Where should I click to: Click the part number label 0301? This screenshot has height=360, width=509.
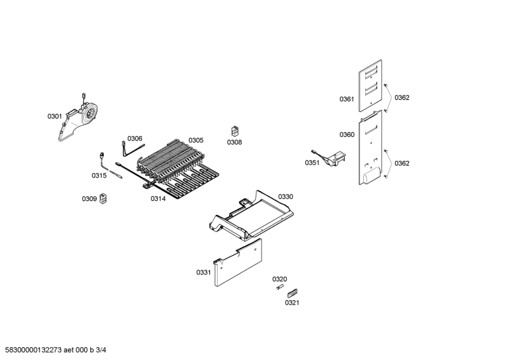point(55,116)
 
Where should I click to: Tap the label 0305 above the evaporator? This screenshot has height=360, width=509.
point(196,140)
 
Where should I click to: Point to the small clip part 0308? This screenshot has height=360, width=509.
point(235,131)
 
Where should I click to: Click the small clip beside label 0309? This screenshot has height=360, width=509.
point(104,198)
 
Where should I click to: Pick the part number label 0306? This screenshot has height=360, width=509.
point(135,139)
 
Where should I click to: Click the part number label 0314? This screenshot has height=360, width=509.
point(158,198)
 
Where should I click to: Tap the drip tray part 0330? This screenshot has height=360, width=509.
point(251,216)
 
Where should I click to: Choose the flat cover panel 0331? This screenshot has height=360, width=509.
point(238,263)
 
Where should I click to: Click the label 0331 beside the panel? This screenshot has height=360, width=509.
point(204,272)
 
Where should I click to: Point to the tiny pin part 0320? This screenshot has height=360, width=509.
point(279,287)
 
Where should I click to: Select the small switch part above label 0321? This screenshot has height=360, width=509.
point(293,293)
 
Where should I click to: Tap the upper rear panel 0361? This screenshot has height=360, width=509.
point(370,86)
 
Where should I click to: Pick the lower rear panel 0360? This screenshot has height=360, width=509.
point(370,148)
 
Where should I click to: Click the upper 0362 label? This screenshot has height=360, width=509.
point(402,98)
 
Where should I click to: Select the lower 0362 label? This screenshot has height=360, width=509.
point(402,163)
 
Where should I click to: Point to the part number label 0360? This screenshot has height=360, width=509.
point(347,135)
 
